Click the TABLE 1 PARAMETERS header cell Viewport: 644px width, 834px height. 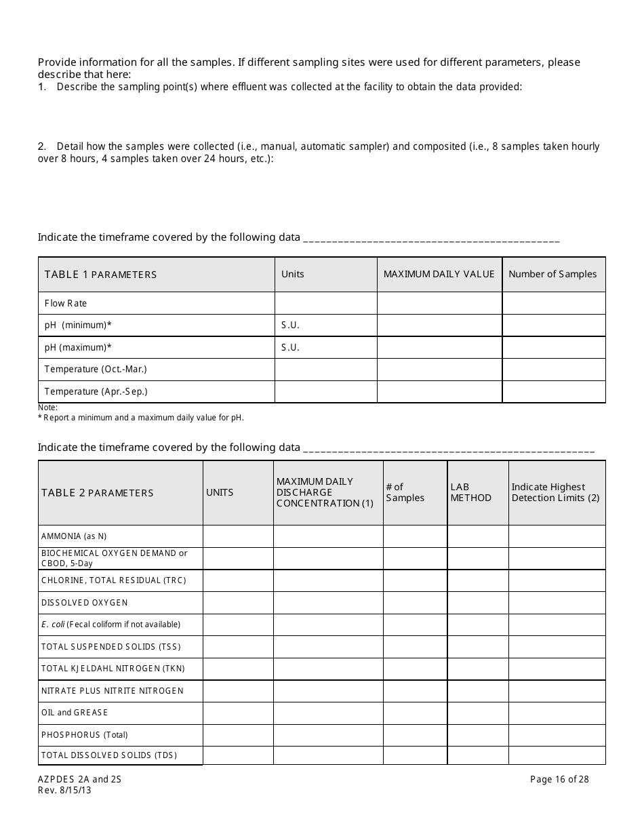pos(100,275)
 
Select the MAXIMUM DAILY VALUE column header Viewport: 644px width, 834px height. pos(439,274)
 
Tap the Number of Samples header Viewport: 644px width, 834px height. pos(552,274)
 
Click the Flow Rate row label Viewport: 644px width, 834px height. pos(66,303)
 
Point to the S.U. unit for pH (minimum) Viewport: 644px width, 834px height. pos(290,325)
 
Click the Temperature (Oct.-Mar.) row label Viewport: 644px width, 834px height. pos(96,370)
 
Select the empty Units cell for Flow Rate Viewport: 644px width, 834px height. pos(325,303)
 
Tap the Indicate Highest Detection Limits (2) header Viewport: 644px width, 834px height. pos(555,492)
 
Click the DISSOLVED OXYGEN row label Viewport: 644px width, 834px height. pos(84,603)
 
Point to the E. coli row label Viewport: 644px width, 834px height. pos(110,624)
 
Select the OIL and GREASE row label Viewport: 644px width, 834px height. pos(75,713)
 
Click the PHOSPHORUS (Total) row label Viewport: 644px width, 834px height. pos(84,735)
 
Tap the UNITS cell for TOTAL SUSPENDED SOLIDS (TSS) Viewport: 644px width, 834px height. pos(238,647)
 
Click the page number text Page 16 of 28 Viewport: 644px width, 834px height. pos(559,779)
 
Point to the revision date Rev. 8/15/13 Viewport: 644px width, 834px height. pos(64,790)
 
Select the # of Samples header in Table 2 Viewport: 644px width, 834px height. pos(405,492)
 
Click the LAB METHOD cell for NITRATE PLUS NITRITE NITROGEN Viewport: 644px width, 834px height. pos(478,691)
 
